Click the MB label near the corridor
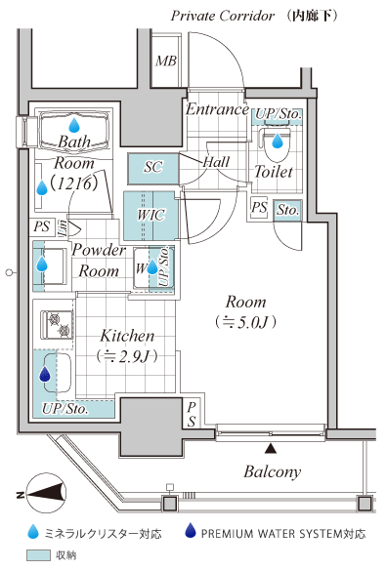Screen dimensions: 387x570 coord(166,61)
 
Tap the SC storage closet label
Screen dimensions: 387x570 coord(152,167)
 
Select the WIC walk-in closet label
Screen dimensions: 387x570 coord(150,215)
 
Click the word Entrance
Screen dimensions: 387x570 coord(217,109)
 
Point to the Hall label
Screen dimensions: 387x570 coord(216,162)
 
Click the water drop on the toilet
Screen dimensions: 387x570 coord(278,141)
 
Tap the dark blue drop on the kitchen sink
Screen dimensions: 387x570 coord(45,374)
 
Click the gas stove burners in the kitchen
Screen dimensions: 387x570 coord(59,325)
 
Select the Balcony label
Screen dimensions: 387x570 coord(273,471)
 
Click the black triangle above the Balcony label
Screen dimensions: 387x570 coord(270,449)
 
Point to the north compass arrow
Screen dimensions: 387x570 coord(44,495)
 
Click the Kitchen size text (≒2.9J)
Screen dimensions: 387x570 coord(127,356)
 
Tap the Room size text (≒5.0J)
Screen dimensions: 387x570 coord(245,322)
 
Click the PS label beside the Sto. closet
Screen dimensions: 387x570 coord(259,208)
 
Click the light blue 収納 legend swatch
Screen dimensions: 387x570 coord(38,555)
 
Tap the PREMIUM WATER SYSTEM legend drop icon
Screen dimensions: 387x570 coord(190,531)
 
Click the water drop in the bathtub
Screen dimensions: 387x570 coord(74,125)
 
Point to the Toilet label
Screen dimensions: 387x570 coord(273,172)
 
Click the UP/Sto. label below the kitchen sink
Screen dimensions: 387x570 coord(65,409)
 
